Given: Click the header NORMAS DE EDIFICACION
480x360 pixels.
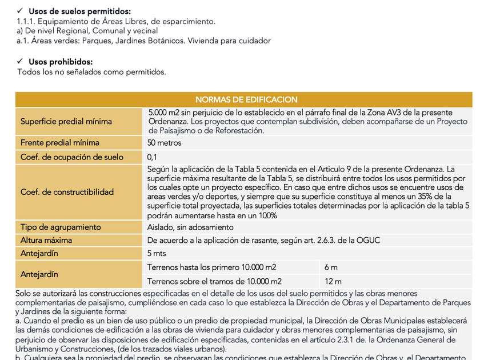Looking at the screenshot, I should coord(246,99).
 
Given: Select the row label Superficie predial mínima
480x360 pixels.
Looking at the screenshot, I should coord(66,121).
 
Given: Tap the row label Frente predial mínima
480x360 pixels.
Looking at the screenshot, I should coord(60,143).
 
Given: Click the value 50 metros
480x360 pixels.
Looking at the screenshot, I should coord(165,143).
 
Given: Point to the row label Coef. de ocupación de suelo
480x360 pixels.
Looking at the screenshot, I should coord(72,157).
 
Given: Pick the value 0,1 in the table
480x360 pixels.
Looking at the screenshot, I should coord(153,157).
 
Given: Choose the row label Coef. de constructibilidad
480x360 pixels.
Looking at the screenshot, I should coord(67,192).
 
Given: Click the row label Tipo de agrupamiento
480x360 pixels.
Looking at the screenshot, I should coord(61,227).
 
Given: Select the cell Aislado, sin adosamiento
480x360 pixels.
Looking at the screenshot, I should coord(190,227).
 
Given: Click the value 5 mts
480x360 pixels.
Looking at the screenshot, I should coord(157,254).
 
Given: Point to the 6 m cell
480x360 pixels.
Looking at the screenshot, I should coord(331,267).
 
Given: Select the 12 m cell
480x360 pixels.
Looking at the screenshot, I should coord(333,281).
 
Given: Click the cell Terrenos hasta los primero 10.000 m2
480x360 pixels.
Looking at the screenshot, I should coord(212,267).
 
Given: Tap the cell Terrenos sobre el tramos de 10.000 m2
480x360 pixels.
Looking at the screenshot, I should coord(214,281).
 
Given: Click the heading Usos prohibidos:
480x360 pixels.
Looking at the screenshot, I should coord(61,62).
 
